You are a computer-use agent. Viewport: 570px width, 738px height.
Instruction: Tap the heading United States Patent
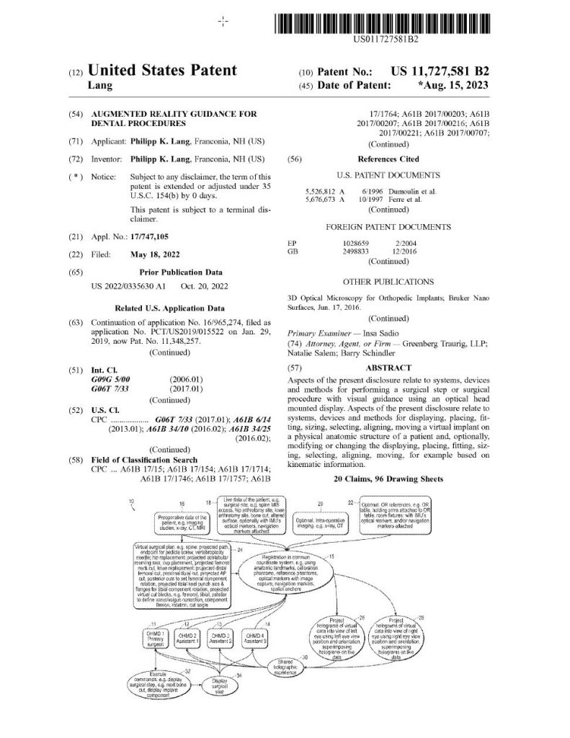click(162, 71)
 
